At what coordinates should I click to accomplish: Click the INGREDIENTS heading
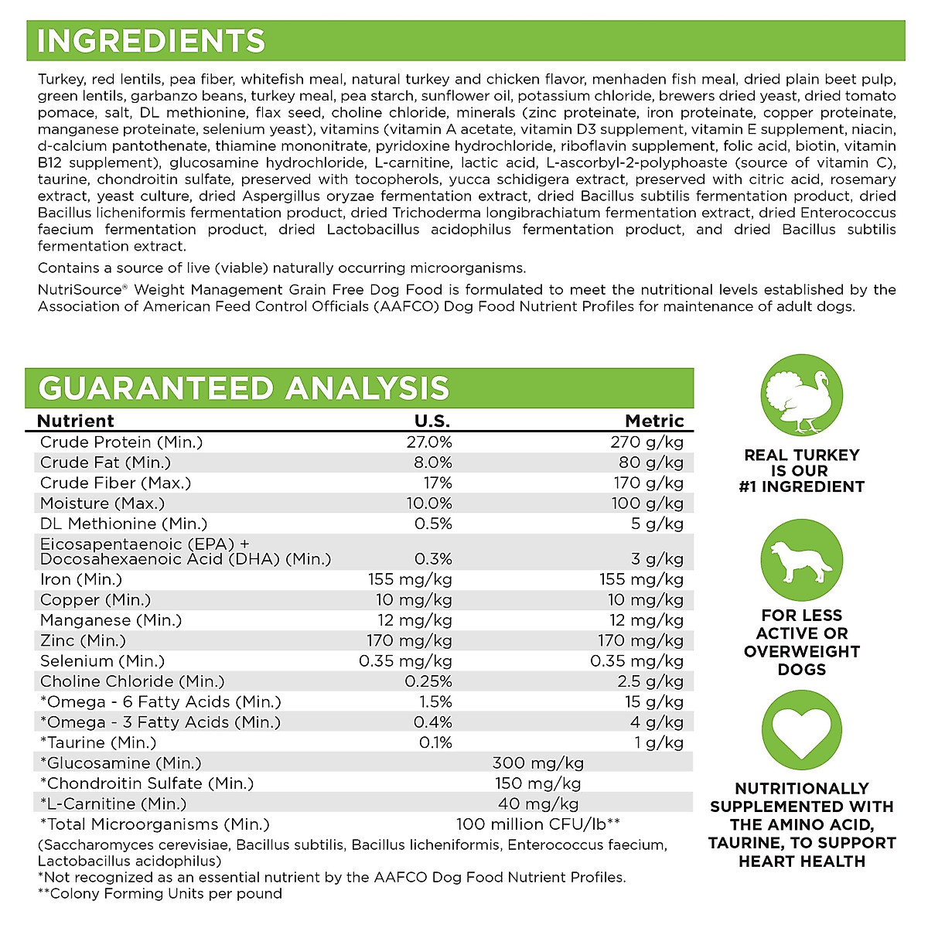[x=151, y=41]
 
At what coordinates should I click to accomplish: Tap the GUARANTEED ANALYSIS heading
[x=244, y=388]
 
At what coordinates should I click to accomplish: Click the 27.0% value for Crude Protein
[x=429, y=442]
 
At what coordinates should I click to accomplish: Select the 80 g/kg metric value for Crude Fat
[x=654, y=462]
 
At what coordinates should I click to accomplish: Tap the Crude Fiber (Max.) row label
[x=115, y=483]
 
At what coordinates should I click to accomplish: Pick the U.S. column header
[x=432, y=421]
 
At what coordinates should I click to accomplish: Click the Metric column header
[x=654, y=421]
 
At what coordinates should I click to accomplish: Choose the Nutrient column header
[x=76, y=421]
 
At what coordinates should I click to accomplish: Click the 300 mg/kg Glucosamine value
[x=538, y=763]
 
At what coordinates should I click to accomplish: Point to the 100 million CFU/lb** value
[x=538, y=824]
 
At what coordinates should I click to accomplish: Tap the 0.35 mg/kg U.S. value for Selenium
[x=405, y=661]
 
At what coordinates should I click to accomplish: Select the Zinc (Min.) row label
[x=83, y=640]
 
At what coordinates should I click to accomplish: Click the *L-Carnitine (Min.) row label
[x=113, y=803]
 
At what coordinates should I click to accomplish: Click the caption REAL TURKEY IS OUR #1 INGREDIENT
[x=801, y=471]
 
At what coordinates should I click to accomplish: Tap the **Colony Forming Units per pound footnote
[x=160, y=894]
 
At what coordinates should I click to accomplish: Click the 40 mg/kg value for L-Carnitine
[x=538, y=803]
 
